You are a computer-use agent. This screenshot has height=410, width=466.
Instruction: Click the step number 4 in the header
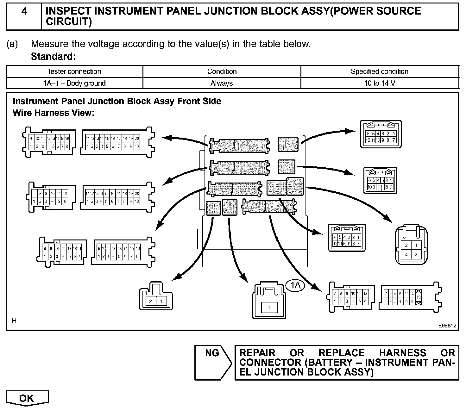(x=24, y=12)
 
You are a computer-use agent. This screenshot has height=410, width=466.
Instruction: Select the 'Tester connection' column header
(x=74, y=71)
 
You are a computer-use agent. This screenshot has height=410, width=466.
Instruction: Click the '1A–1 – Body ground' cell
(x=74, y=83)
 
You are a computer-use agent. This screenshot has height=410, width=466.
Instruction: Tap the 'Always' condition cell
(x=222, y=83)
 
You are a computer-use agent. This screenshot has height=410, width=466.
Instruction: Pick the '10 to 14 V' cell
(x=380, y=83)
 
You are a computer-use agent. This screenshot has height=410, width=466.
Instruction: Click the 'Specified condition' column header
(x=380, y=71)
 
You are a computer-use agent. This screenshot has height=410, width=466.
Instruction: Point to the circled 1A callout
(x=295, y=286)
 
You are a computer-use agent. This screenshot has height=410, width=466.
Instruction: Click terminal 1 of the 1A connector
(x=269, y=307)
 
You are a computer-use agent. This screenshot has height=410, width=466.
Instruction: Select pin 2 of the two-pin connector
(x=151, y=301)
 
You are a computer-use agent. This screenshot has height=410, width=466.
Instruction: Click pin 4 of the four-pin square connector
(x=406, y=254)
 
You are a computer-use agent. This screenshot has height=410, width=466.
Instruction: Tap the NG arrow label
(x=212, y=353)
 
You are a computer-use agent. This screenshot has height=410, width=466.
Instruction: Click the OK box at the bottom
(x=27, y=398)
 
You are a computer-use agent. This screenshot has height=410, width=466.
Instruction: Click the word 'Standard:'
(x=53, y=57)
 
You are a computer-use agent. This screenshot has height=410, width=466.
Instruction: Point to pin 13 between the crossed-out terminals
(x=419, y=298)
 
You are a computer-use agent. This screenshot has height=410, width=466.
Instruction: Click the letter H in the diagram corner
(x=14, y=321)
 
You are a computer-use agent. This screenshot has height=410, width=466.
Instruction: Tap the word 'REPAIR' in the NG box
(x=257, y=353)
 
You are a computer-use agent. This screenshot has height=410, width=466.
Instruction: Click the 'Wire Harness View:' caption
(x=54, y=113)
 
